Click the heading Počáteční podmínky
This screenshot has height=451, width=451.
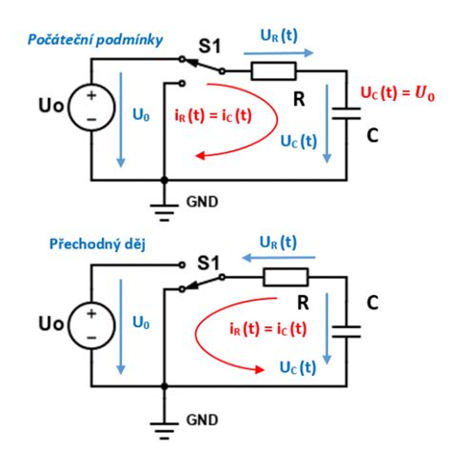(95, 40)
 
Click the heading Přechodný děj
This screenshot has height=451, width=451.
(97, 245)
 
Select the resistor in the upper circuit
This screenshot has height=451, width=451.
(273, 71)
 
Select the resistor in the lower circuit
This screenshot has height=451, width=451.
(285, 277)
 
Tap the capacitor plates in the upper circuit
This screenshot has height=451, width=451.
(346, 113)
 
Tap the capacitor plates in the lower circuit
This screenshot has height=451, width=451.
(346, 331)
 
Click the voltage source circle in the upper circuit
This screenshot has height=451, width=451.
(91, 108)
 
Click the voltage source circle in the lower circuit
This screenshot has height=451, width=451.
(91, 325)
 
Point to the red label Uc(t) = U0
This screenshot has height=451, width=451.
(398, 93)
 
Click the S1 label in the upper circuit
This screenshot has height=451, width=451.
(209, 46)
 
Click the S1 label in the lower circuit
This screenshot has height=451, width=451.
(208, 264)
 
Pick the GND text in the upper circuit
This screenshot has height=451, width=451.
(203, 202)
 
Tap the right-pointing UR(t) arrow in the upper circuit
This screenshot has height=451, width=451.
(279, 53)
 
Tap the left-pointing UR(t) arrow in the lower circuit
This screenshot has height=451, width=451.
(279, 258)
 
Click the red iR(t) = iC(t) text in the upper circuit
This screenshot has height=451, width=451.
(213, 115)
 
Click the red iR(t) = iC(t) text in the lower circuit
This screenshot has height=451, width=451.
(268, 328)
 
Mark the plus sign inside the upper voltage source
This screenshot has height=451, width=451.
(91, 95)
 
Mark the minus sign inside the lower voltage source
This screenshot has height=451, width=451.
(91, 338)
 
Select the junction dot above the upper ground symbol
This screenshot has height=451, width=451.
(165, 181)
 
